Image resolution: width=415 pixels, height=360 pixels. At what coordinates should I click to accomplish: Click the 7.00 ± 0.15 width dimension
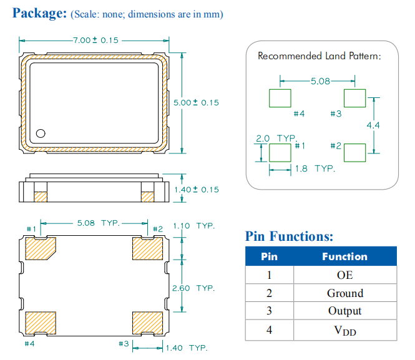(x=95, y=41)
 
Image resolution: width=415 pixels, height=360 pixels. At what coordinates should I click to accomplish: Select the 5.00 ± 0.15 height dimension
(x=196, y=102)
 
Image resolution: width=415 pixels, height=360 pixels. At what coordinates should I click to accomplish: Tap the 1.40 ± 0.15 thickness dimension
(x=196, y=189)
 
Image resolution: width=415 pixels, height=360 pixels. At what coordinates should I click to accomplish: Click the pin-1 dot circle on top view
(x=41, y=133)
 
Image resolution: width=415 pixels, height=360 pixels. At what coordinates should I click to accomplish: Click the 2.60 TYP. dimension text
(x=193, y=288)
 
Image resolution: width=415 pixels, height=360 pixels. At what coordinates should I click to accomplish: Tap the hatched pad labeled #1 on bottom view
(x=41, y=250)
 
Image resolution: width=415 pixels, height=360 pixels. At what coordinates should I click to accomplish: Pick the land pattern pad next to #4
(x=280, y=98)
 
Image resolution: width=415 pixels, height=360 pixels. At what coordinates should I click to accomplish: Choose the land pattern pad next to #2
(x=354, y=152)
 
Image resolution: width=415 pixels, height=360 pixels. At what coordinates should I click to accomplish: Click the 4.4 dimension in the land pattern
(x=373, y=125)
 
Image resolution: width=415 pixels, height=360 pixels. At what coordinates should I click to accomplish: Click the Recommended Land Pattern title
(x=319, y=56)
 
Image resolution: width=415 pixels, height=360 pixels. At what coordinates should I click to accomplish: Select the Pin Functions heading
(x=289, y=236)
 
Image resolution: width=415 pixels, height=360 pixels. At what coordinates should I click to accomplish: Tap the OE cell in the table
(x=344, y=275)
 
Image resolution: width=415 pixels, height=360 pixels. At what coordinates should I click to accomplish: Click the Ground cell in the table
(x=344, y=293)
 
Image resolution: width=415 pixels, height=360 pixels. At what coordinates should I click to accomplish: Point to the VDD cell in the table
(x=344, y=330)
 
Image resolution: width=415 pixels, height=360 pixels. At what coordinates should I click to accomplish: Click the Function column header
(x=344, y=256)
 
